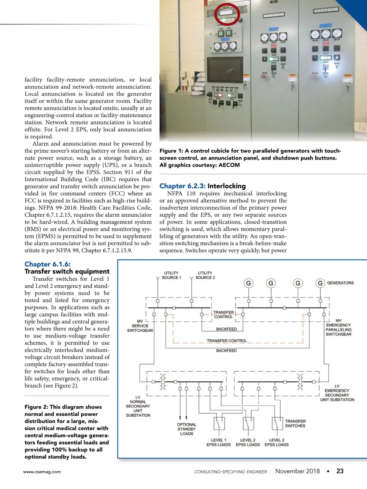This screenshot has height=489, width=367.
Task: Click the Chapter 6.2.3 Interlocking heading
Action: [202, 186]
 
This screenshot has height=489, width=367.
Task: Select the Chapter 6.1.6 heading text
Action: [47, 264]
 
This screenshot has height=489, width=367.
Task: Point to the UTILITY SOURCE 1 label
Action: [171, 275]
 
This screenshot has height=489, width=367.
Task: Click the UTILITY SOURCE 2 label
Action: [205, 275]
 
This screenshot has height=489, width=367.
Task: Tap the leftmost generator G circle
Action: [248, 283]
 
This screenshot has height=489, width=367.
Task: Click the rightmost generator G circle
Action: [320, 283]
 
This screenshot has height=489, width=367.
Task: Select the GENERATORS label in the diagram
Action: [340, 283]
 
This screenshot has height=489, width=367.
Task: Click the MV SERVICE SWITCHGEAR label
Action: [140, 326]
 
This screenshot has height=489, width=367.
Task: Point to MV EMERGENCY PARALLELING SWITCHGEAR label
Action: [338, 327]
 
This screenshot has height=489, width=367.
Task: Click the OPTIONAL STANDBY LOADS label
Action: [187, 429]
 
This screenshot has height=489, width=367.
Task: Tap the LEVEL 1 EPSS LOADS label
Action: [218, 442]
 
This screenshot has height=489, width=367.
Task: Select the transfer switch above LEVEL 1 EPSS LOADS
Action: [219, 423]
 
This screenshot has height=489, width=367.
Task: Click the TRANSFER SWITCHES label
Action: [295, 423]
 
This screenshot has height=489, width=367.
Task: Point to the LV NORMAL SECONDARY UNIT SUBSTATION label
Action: [138, 406]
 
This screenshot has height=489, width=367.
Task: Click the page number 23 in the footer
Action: [340, 471]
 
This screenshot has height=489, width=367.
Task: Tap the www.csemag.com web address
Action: [42, 472]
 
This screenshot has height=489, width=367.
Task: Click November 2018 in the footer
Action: [297, 471]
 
